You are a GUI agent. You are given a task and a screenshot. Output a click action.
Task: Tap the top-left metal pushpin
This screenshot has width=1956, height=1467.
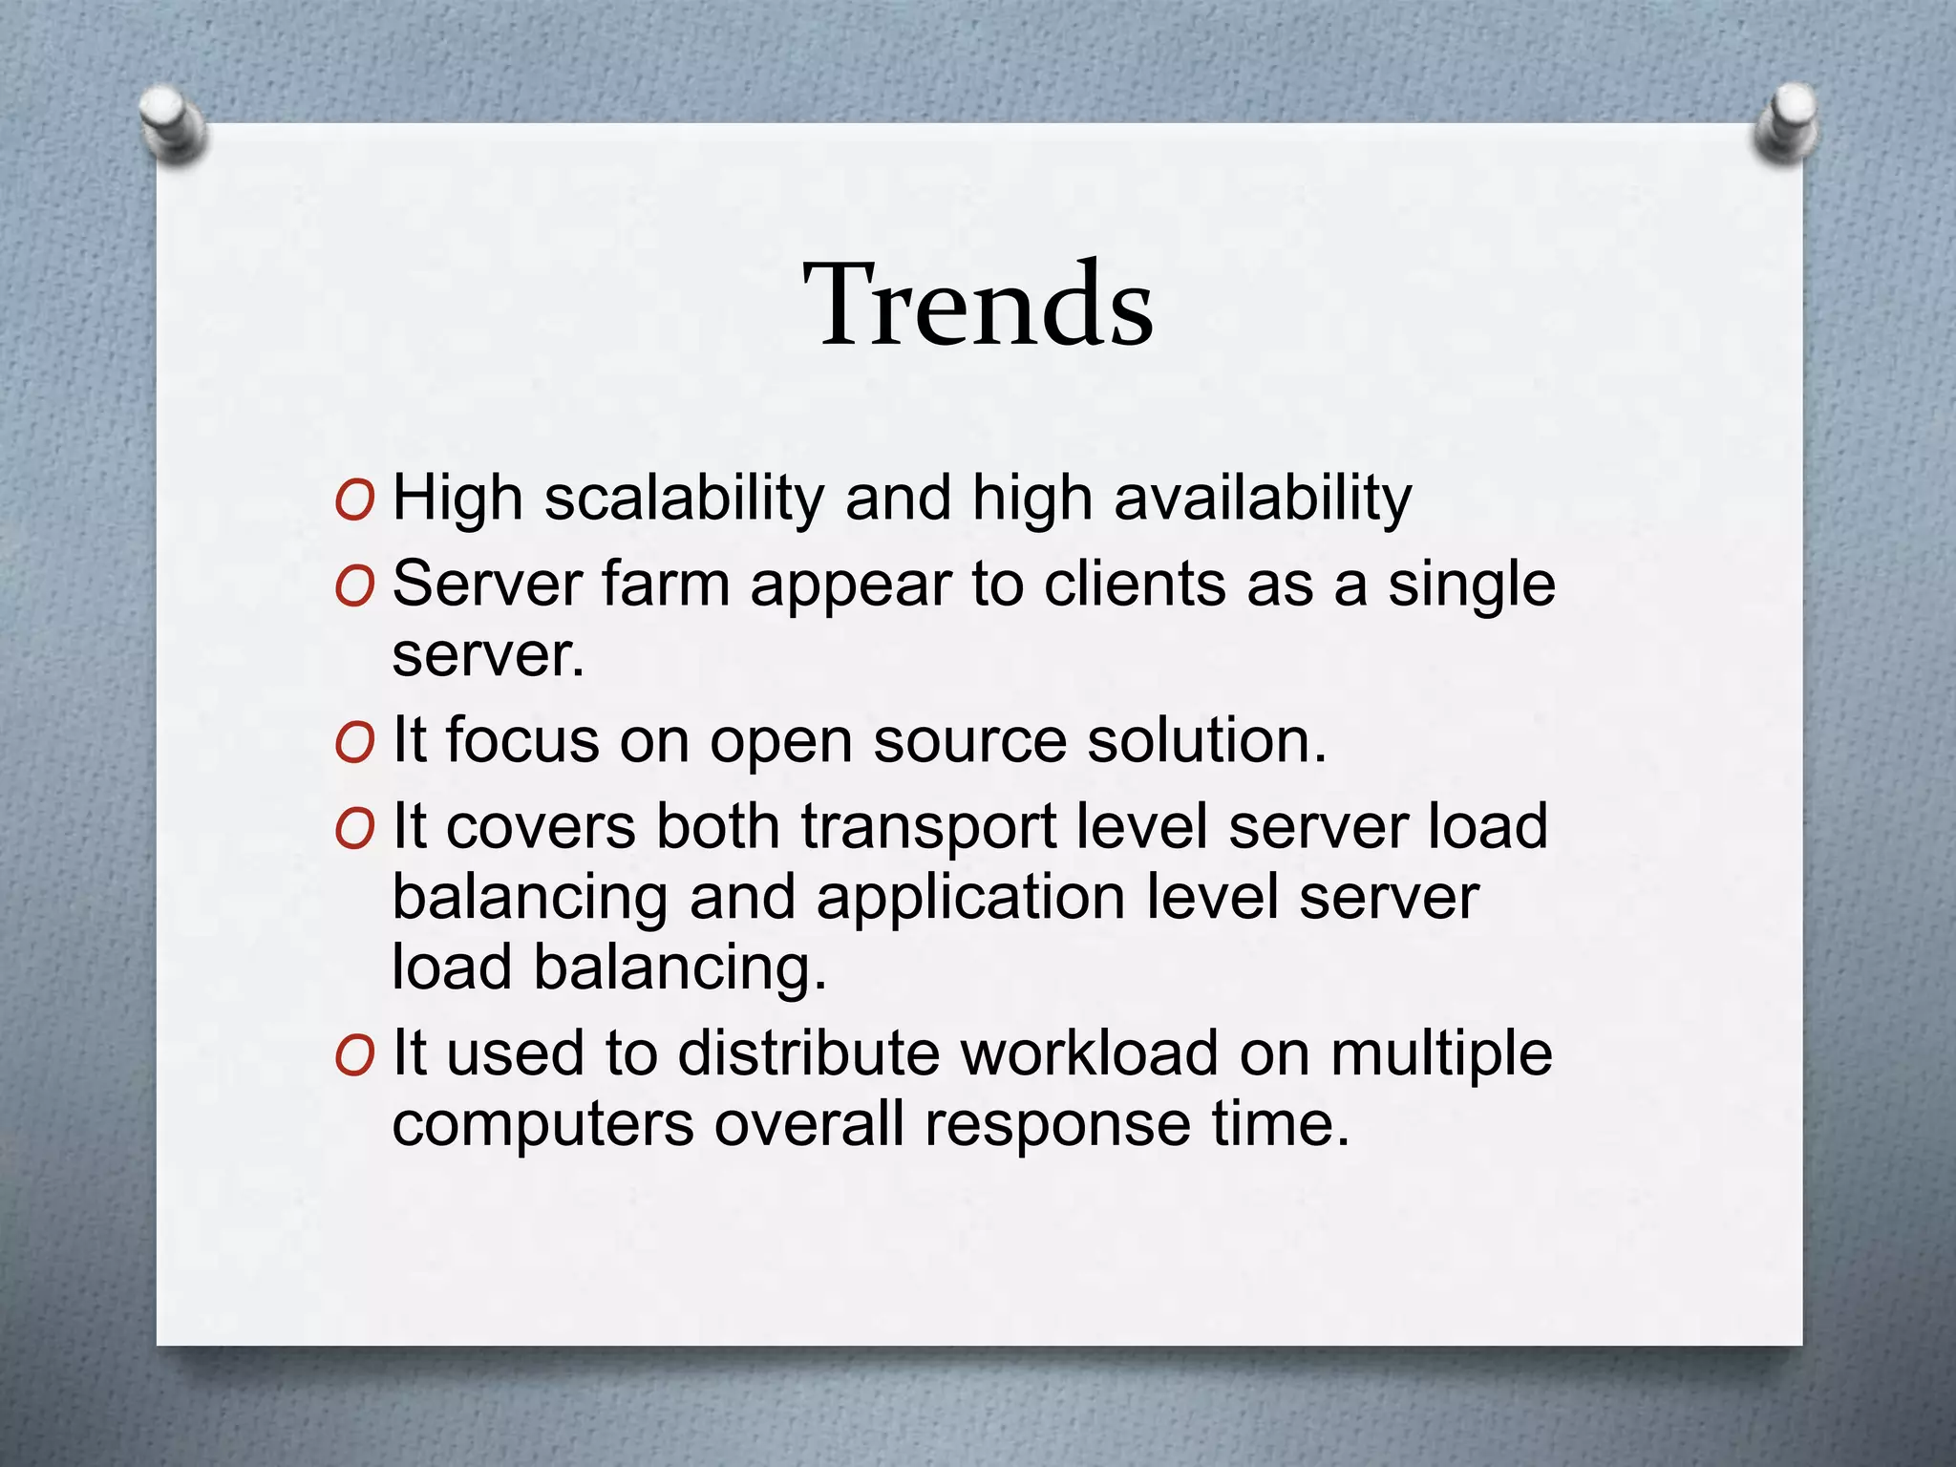[172, 124]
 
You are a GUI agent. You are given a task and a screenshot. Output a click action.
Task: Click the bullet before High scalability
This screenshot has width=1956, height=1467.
[355, 500]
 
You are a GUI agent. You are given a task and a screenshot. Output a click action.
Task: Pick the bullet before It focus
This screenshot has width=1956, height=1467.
[355, 743]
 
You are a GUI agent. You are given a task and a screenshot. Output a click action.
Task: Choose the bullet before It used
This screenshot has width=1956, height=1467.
[355, 1055]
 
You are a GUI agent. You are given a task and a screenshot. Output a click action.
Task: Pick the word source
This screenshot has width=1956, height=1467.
[969, 743]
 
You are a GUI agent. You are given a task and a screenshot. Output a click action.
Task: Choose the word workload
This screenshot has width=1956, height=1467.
[1089, 1053]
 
